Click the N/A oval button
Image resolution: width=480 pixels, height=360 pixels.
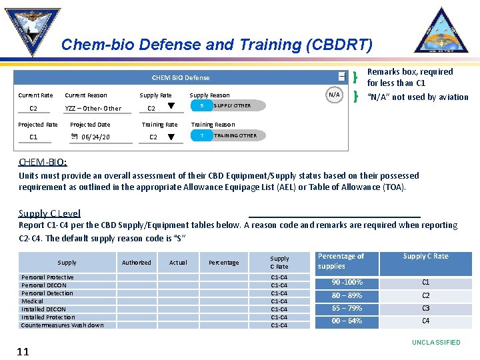coord(335,95)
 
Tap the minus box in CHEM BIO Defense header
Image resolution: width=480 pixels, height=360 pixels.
coord(341,77)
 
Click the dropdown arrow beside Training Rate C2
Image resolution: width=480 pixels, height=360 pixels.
coord(171,137)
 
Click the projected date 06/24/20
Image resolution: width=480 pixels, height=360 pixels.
coord(95,137)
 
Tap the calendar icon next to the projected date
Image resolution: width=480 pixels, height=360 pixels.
coord(74,137)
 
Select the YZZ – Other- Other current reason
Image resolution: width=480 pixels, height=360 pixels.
coord(93,109)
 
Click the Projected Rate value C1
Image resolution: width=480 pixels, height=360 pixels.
coord(33,137)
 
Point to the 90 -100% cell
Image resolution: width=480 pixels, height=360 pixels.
coord(347,283)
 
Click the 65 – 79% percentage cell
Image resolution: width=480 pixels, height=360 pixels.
coord(347,308)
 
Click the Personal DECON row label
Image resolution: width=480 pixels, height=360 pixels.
coord(44,285)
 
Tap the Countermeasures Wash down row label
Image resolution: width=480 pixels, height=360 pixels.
coord(62,325)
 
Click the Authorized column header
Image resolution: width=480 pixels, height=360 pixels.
coord(136,263)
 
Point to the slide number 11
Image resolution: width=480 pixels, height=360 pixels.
coord(23,351)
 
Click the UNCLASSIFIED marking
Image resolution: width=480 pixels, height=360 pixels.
coord(435,343)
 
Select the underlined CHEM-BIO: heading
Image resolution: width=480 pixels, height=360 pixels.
coord(43,162)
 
